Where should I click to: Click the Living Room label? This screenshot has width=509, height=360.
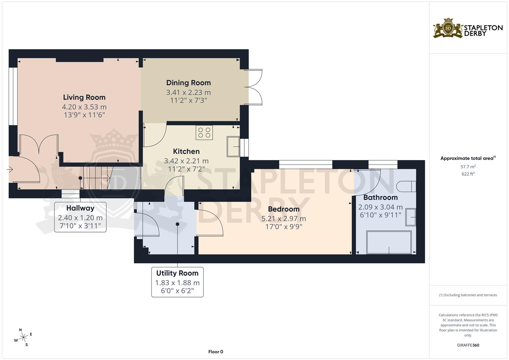tap(84, 97)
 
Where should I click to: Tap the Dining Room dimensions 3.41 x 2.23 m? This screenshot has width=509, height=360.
tap(188, 92)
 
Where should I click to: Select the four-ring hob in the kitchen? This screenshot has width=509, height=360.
tap(204, 132)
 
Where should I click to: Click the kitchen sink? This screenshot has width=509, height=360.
tap(233, 146)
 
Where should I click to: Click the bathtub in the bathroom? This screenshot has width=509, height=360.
tap(389, 242)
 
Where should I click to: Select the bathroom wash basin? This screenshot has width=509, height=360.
tap(411, 217)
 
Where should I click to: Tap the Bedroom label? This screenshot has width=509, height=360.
tap(284, 209)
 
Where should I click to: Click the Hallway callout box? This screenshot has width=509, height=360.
tap(80, 217)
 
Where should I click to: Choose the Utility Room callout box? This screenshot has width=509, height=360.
tap(177, 282)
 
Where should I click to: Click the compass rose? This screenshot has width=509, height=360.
tap(23, 337)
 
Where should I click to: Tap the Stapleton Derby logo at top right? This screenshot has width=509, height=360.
tap(468, 28)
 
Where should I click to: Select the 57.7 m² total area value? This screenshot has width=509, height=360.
tap(468, 166)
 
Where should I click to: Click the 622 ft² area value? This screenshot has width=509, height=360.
tap(468, 174)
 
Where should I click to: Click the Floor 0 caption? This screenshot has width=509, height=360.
tap(215, 352)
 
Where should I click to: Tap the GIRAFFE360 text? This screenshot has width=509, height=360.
tap(468, 345)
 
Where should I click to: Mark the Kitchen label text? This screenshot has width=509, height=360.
tap(186, 151)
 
